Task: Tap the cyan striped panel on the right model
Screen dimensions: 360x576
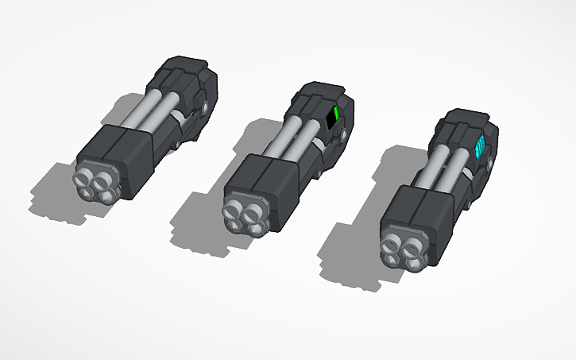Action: (x=479, y=148)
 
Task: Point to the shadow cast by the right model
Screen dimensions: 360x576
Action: (x=350, y=254)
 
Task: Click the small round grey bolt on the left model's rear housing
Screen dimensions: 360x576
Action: (x=207, y=106)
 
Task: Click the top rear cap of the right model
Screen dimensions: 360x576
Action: (x=465, y=119)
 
